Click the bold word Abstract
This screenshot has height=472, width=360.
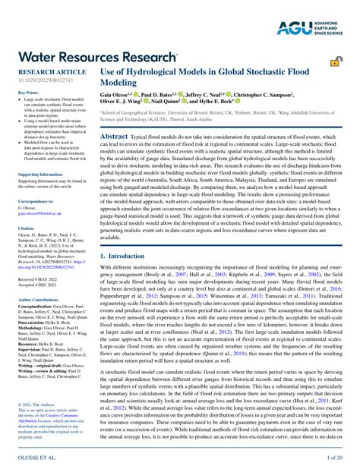[113, 134]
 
